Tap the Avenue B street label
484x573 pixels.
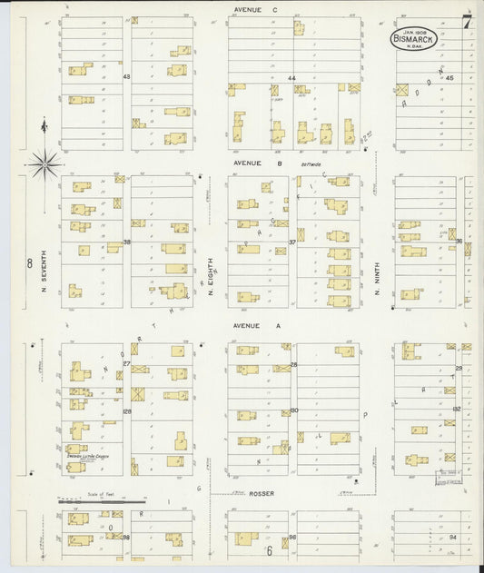[245, 163]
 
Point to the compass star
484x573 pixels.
[43, 164]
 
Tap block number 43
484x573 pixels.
[127, 77]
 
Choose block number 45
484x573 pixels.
[449, 78]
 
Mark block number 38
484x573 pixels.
[127, 242]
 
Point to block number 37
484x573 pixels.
[292, 242]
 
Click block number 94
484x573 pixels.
[451, 537]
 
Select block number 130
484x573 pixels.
[293, 410]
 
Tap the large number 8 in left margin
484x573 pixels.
[29, 263]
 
